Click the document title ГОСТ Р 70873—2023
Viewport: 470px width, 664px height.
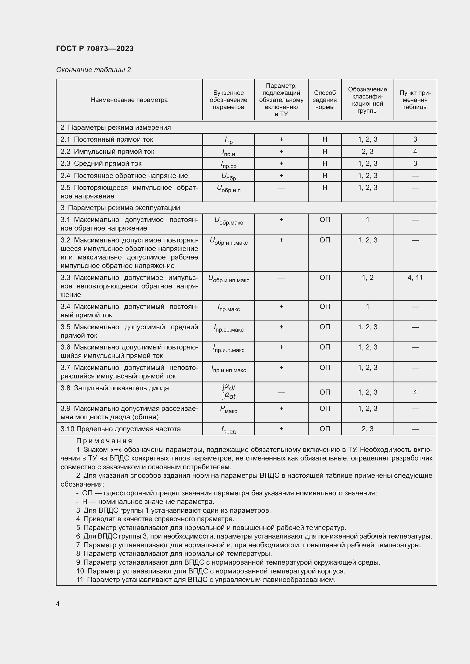coord(95,49)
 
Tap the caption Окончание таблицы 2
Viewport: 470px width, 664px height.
coord(93,70)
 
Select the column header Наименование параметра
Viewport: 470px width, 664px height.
coord(129,100)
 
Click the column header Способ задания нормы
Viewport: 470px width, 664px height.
coord(325,100)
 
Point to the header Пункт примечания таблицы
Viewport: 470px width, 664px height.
coord(415,100)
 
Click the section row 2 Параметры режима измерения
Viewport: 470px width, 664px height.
coord(115,127)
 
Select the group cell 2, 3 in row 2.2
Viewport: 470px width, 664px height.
coord(367,152)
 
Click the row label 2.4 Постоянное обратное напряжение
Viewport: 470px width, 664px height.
coord(124,176)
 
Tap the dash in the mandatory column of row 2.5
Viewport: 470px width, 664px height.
coord(281,188)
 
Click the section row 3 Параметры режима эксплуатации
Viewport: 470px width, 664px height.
coord(120,208)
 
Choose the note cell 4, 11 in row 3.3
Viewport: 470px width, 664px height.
coord(415,278)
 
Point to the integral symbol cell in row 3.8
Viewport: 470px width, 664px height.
coord(228,392)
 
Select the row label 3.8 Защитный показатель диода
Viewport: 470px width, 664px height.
coord(115,388)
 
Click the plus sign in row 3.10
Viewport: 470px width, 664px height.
coord(281,429)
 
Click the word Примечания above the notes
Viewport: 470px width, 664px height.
coord(104,441)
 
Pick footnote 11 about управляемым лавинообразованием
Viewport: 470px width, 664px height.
coord(206,580)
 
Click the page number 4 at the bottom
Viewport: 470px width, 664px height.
coord(58,604)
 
